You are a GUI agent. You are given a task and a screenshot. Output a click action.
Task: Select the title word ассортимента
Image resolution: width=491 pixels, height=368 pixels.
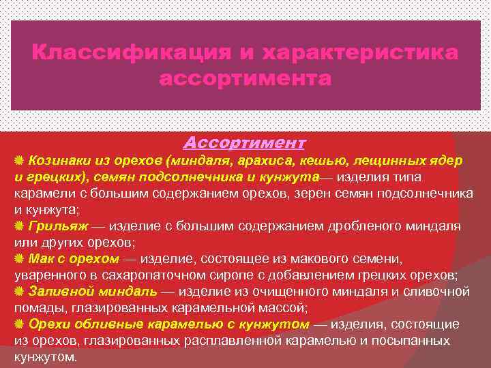tap(245, 80)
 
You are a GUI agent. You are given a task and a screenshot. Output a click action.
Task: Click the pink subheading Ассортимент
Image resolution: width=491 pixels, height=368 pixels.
tap(245, 143)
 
